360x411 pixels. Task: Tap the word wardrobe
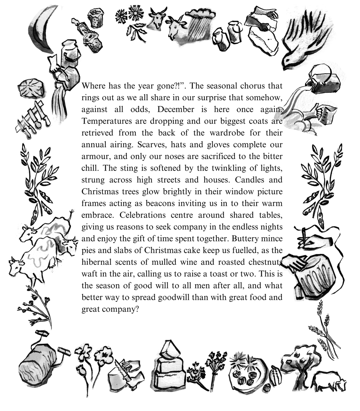pyautogui.click(x=228, y=133)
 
